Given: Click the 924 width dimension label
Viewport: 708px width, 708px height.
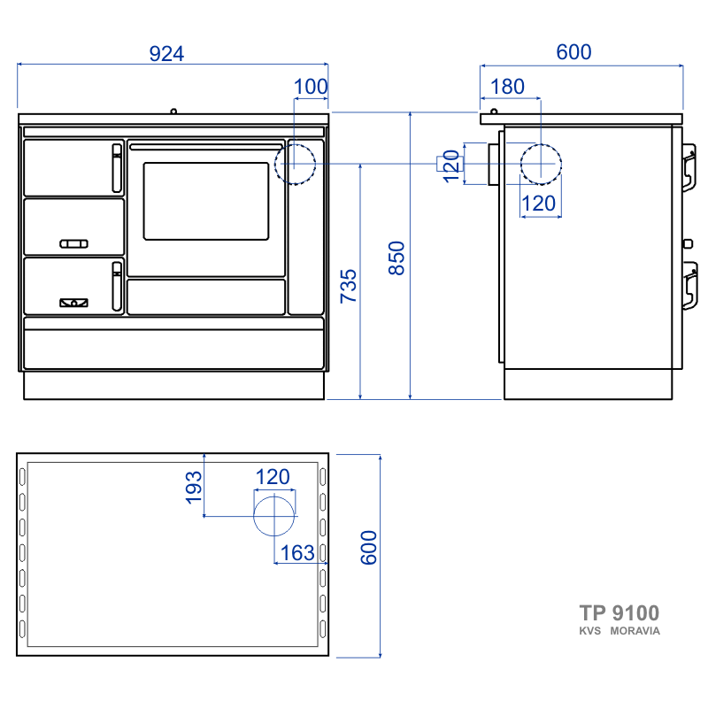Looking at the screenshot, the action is (166, 54).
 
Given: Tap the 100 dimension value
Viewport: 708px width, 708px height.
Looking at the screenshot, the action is (311, 86).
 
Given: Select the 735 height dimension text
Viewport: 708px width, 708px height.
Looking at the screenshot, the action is (349, 286).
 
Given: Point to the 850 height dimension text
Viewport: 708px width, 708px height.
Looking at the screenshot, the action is (396, 258).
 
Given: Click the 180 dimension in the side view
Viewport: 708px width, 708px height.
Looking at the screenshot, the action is (507, 86).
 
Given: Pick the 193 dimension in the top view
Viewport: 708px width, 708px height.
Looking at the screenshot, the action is (194, 488).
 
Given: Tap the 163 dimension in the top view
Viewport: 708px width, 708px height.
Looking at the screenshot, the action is (297, 552).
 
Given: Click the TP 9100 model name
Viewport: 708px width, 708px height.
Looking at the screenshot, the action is (619, 613).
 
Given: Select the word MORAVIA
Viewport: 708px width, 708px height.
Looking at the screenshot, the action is (635, 631).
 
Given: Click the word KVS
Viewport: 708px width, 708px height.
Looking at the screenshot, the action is (589, 631).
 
